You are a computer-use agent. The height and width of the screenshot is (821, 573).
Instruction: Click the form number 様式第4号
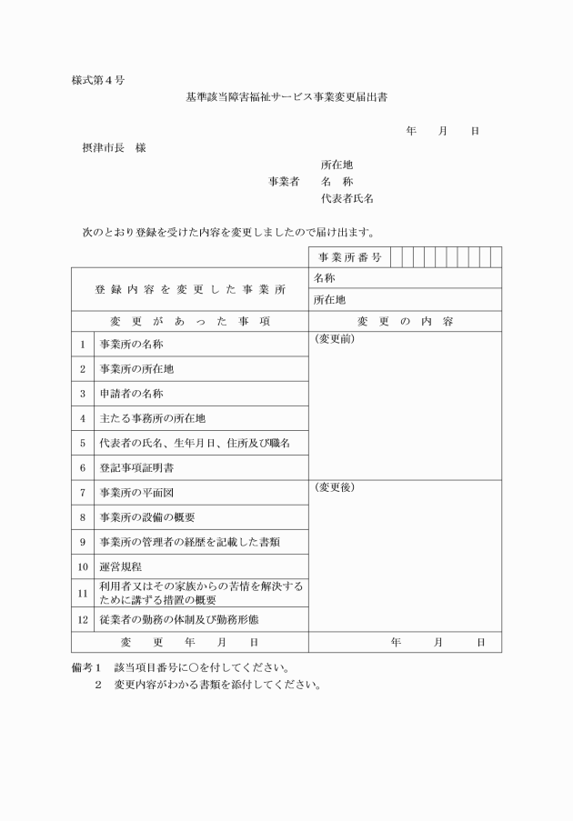[97, 80]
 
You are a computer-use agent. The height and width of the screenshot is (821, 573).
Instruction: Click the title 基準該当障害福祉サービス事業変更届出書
[286, 96]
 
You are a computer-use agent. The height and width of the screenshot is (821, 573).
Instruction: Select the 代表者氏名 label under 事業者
[347, 197]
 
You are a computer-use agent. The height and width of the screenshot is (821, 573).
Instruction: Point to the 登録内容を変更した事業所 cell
[190, 289]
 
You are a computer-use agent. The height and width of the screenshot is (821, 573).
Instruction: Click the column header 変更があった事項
[190, 322]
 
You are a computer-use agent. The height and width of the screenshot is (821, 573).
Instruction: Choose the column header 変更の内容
[405, 322]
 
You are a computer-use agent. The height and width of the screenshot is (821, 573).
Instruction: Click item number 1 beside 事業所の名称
[82, 345]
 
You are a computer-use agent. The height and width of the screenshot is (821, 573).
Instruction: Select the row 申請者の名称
[131, 395]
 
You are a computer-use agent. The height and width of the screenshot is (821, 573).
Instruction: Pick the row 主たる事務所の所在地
[153, 419]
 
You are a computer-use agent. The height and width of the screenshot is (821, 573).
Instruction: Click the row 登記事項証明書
[137, 468]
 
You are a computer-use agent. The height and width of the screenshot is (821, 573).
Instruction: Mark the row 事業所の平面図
[137, 493]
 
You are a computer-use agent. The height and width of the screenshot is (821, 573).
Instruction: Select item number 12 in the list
[82, 620]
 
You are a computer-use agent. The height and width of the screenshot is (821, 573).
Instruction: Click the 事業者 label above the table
[284, 181]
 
